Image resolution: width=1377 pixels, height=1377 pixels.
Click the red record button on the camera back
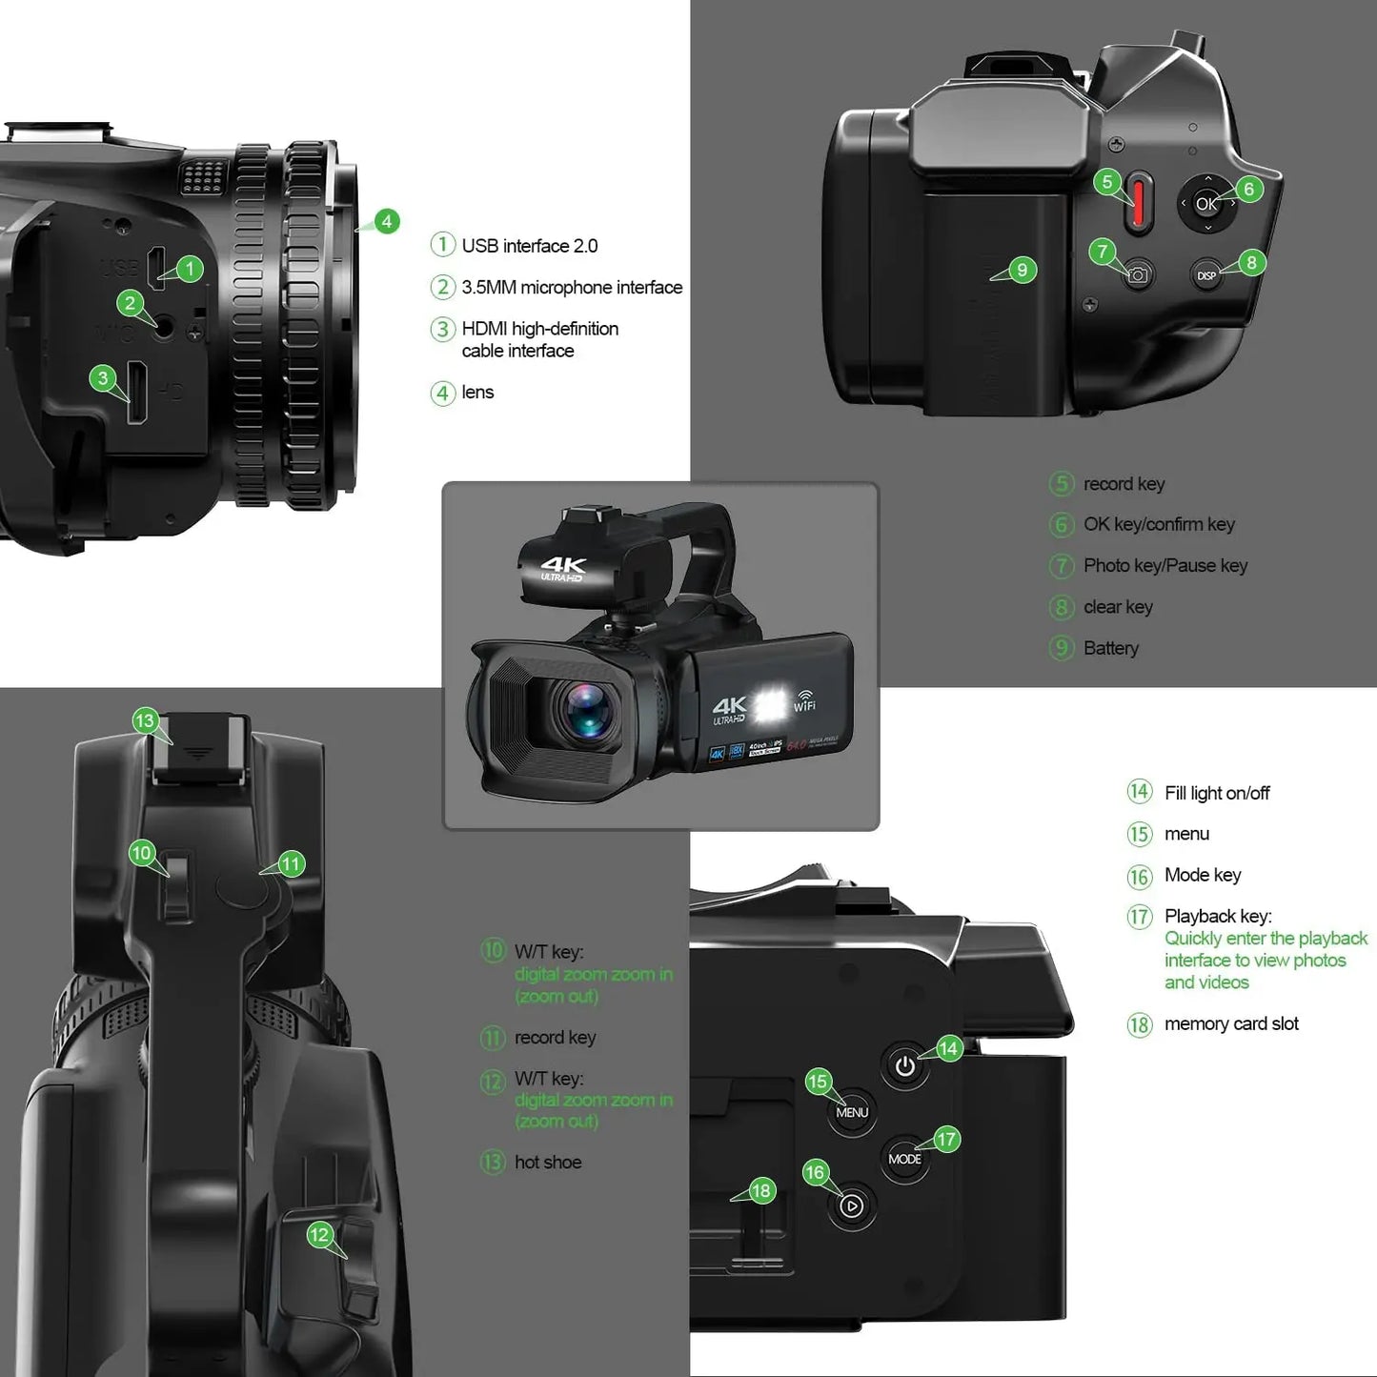[x=1137, y=203]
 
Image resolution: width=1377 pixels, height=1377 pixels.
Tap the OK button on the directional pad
[x=1206, y=203]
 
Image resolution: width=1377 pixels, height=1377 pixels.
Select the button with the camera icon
[x=1137, y=276]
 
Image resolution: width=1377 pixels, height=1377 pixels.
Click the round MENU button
[x=851, y=1112]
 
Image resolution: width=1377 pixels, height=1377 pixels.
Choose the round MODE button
[x=904, y=1159]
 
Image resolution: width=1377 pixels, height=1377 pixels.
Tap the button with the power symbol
[x=904, y=1066]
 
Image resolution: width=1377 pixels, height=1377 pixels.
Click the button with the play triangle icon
[x=851, y=1206]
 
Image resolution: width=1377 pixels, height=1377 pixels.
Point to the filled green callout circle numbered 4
[x=386, y=221]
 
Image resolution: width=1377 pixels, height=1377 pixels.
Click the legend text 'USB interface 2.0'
[x=529, y=246]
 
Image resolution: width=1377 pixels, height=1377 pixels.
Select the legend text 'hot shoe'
[x=548, y=1162]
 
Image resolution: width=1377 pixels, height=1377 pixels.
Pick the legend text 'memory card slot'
[x=1231, y=1023]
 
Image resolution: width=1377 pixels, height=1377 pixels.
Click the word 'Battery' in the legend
[x=1111, y=648]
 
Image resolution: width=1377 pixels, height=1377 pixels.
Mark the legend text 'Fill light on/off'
[x=1217, y=793]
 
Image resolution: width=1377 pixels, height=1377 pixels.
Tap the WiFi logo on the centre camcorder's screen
[x=804, y=700]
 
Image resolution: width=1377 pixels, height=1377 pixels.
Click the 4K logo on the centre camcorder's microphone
[x=562, y=569]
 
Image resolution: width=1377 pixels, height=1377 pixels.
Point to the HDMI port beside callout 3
[x=137, y=392]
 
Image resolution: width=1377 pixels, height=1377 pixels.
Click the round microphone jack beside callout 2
[x=164, y=327]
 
